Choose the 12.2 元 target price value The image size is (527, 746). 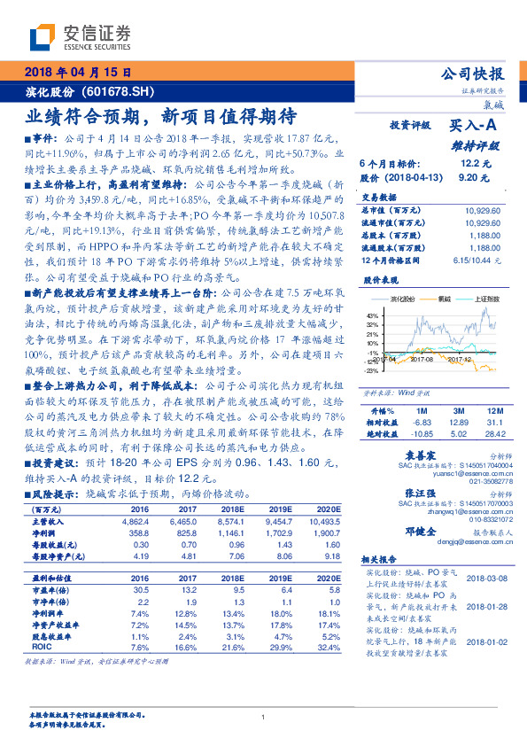coord(475,164)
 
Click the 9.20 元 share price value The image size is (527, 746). coord(475,178)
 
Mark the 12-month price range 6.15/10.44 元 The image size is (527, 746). coord(477,260)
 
